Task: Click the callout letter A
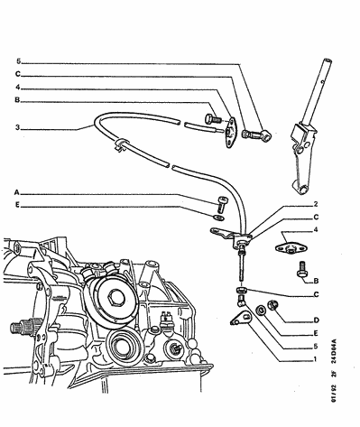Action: click(17, 192)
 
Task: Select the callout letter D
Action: click(316, 320)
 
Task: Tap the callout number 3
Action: click(18, 127)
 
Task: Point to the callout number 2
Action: click(316, 204)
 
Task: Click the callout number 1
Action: click(315, 358)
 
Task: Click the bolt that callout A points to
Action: click(222, 204)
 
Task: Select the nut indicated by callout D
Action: click(273, 305)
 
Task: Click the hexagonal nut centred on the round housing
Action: click(116, 298)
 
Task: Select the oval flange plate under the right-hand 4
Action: click(287, 247)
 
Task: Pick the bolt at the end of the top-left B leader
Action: click(212, 119)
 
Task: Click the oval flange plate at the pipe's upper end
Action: click(231, 132)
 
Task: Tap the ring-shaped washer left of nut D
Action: click(261, 310)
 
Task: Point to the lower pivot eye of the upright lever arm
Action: click(302, 190)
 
